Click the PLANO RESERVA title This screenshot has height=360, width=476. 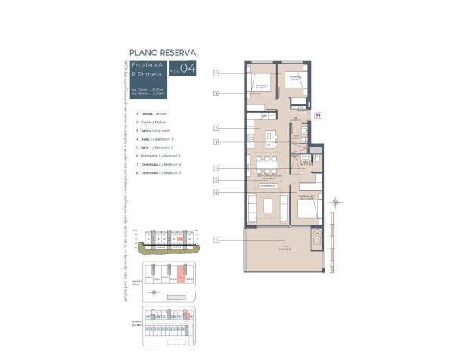point(163,53)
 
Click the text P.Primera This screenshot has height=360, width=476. point(147,75)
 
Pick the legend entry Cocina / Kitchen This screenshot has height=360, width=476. point(148,121)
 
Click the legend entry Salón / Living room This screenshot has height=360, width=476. point(150,130)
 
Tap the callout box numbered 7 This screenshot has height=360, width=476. point(216,73)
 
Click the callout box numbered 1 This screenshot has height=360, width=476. point(216,240)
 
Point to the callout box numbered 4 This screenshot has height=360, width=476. point(216,141)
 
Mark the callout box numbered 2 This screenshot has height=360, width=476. point(216,128)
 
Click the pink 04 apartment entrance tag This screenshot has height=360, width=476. point(318,116)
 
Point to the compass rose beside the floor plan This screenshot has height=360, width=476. point(338,202)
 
